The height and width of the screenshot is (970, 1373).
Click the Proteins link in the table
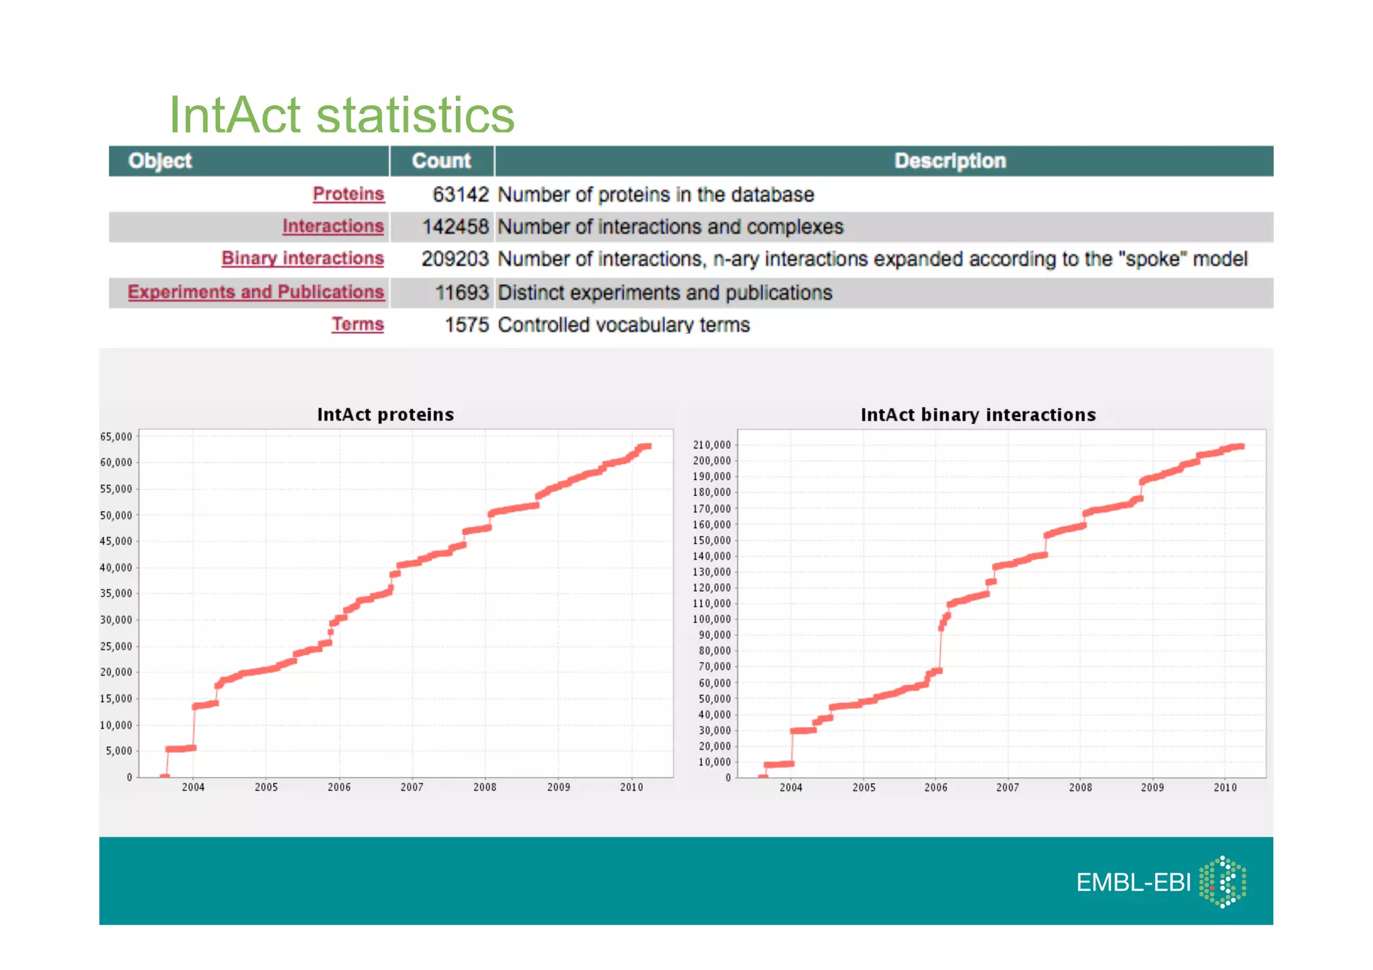[x=348, y=194]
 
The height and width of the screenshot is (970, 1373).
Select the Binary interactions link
[x=302, y=258]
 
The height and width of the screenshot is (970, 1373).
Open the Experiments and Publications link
[x=255, y=292]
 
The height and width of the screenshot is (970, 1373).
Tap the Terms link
[x=357, y=324]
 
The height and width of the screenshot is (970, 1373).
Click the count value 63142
[x=461, y=194]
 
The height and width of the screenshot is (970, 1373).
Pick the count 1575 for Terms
[x=467, y=324]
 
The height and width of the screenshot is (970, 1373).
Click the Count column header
[x=441, y=161]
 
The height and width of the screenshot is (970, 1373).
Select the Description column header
[x=950, y=161]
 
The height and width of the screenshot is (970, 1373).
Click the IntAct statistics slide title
[x=341, y=115]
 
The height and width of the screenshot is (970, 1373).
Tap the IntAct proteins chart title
[x=385, y=414]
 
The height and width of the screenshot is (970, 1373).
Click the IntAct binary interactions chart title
[x=978, y=415]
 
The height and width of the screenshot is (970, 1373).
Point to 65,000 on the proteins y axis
[x=116, y=436]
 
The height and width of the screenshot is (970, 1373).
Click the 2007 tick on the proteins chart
[x=412, y=787]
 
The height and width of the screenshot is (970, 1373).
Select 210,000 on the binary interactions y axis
[x=711, y=445]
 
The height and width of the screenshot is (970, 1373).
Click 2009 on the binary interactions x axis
[x=1152, y=788]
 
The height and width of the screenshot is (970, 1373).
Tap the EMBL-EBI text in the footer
[x=1133, y=882]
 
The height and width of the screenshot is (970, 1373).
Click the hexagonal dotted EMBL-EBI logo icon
[x=1223, y=882]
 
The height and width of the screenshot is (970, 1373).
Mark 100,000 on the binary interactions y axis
[x=711, y=619]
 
